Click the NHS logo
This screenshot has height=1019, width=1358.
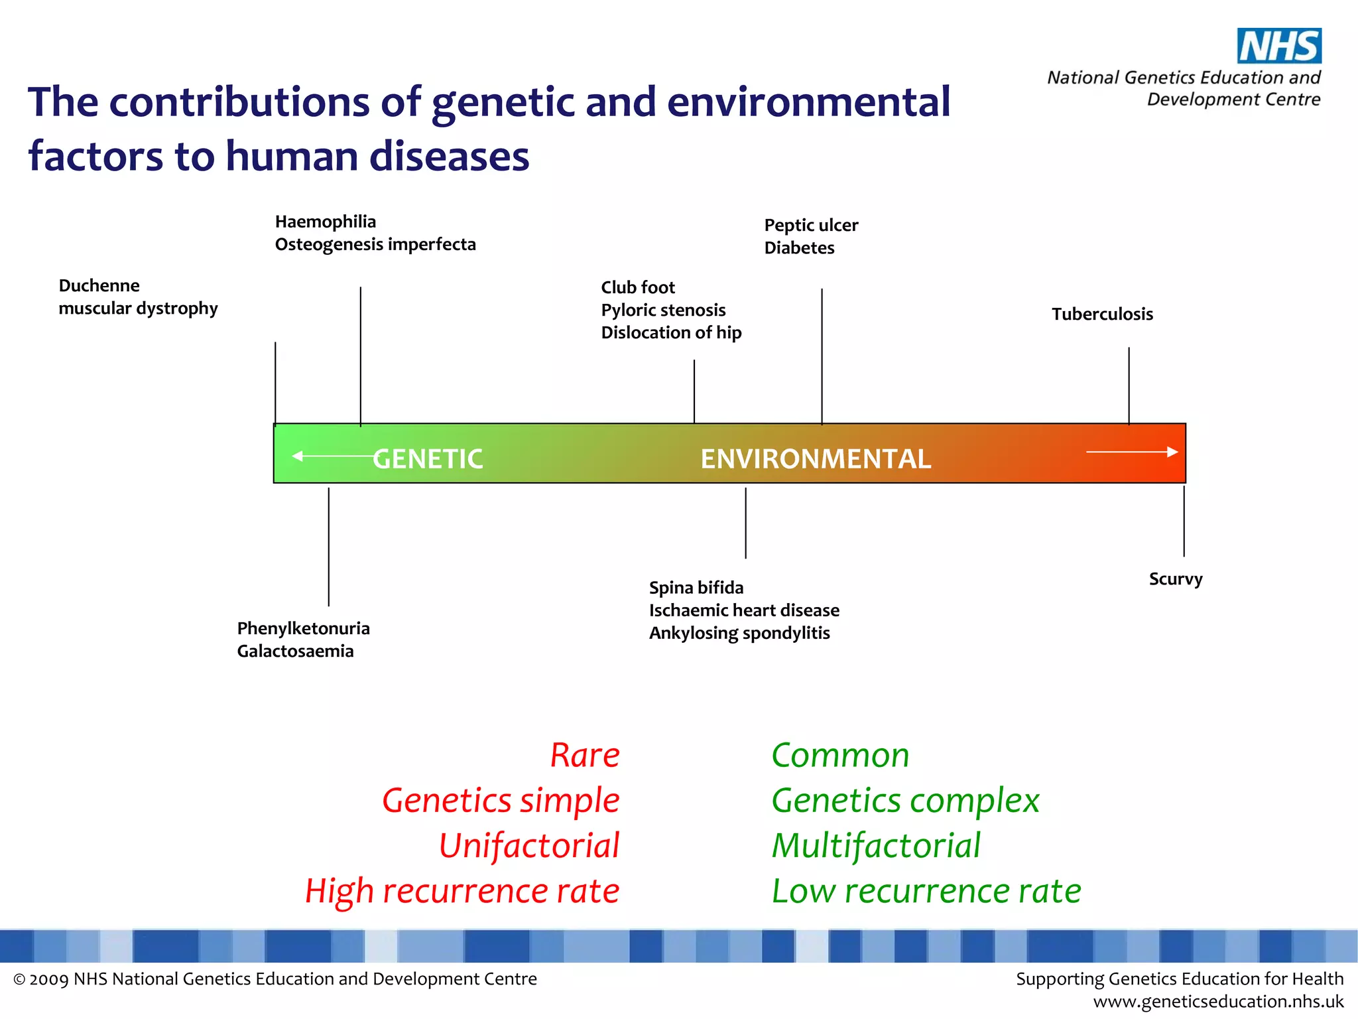point(1278,46)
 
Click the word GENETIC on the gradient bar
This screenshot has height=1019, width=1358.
point(428,459)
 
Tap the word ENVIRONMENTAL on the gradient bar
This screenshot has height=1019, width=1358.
point(816,459)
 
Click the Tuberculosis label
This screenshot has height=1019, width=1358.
point(1102,314)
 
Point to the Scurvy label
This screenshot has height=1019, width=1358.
point(1175,579)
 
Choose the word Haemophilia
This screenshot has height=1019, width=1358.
point(326,222)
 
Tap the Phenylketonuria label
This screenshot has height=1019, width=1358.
point(303,628)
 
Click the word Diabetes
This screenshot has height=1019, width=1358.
point(799,248)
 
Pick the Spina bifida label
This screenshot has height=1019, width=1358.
point(696,588)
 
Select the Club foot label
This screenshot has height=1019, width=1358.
point(637,287)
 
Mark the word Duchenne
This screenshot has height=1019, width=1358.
point(99,286)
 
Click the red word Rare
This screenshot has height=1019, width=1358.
point(585,755)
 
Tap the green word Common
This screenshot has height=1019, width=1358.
point(840,755)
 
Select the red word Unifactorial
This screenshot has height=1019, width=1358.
point(529,846)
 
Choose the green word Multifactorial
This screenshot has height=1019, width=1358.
point(876,846)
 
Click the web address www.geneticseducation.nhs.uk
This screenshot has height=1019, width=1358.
point(1218,1001)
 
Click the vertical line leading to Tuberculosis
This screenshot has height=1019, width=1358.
point(1129,385)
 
